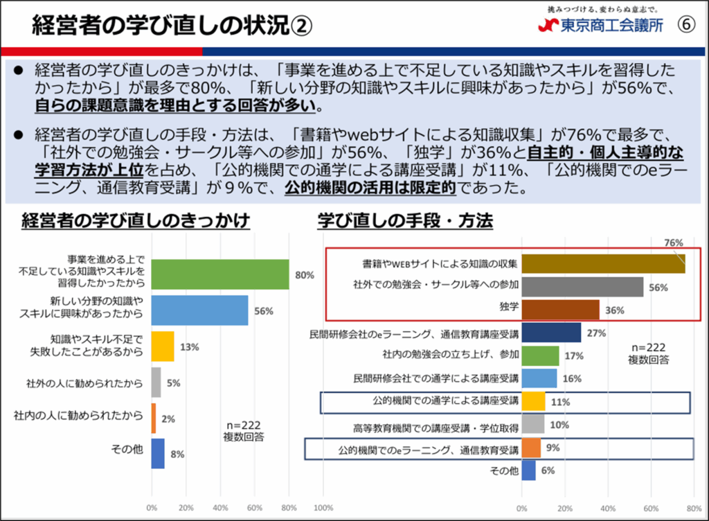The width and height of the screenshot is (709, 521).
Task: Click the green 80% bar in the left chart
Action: tap(219, 274)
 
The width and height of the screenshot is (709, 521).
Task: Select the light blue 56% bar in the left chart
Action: tap(199, 310)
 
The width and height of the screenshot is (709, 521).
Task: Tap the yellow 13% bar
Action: tap(163, 346)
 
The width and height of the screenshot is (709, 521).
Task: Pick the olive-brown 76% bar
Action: tap(603, 264)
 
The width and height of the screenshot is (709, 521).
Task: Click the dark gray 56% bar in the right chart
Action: tap(582, 287)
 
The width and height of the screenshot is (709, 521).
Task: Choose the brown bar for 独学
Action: tap(560, 310)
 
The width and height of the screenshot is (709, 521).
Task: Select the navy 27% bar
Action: tap(551, 333)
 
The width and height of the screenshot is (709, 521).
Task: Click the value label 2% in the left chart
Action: tap(168, 418)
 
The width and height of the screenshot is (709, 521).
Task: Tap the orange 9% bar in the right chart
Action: tap(531, 448)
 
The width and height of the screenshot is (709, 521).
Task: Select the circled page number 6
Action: tap(685, 25)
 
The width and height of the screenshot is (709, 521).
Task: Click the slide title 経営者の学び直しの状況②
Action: tap(172, 26)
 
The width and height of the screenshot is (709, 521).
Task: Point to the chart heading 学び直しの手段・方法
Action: tap(405, 221)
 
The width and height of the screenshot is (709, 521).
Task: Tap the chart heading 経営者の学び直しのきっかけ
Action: tap(136, 221)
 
